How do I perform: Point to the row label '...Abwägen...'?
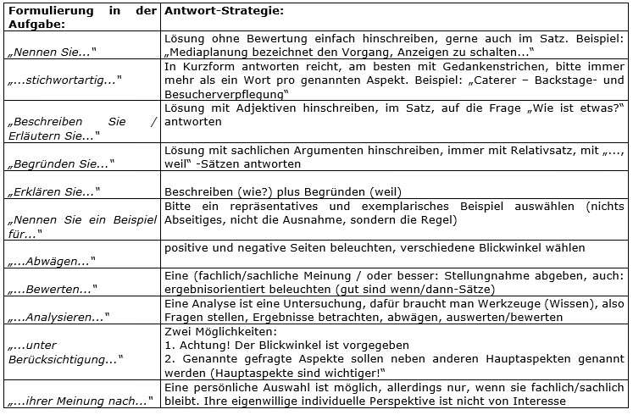[50, 260]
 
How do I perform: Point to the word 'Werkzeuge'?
[497, 303]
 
